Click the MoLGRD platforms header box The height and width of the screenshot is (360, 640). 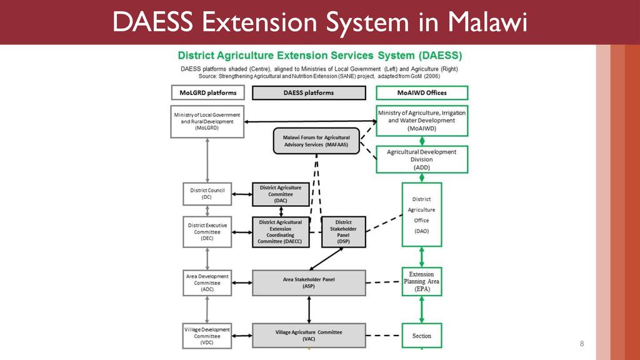click(207, 93)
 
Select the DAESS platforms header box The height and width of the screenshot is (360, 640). click(308, 93)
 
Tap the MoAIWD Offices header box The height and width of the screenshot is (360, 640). click(422, 93)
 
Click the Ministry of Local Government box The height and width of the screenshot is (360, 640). click(207, 121)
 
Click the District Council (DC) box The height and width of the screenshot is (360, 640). click(207, 194)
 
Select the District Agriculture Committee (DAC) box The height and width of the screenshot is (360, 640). click(281, 194)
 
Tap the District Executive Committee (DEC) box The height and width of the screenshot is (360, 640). click(207, 231)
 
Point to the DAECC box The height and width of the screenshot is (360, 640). click(281, 231)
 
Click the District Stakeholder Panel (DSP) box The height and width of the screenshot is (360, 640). click(343, 231)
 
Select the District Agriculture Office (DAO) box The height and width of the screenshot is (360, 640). click(422, 214)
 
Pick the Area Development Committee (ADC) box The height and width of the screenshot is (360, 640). click(207, 283)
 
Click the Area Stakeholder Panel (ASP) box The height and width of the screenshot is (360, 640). click(309, 282)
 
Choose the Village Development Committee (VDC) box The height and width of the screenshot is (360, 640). click(207, 336)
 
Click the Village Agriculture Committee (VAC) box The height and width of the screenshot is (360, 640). click(309, 335)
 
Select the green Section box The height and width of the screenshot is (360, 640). click(422, 336)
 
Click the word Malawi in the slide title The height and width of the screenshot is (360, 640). click(488, 23)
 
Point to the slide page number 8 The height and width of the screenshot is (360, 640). click(582, 344)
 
